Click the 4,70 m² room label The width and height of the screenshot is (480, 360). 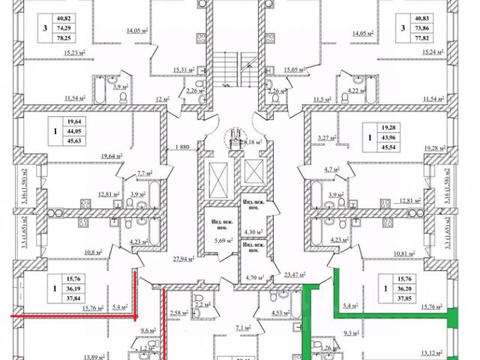tap(256, 276)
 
